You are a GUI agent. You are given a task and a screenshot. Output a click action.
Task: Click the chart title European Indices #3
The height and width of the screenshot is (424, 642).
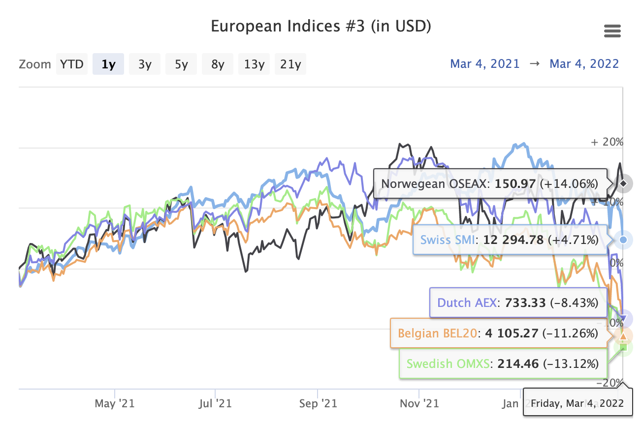[321, 26]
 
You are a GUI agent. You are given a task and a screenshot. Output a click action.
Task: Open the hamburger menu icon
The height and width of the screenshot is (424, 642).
[612, 32]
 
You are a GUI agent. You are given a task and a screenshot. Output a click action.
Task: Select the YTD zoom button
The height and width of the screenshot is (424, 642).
[72, 64]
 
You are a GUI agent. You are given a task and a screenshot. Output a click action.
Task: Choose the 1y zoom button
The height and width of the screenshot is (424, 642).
[108, 64]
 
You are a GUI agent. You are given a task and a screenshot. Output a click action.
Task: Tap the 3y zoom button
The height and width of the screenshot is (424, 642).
[145, 64]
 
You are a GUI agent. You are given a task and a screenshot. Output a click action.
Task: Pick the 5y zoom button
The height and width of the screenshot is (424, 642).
[181, 64]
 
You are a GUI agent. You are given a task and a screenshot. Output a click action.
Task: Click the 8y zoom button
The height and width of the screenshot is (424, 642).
[218, 64]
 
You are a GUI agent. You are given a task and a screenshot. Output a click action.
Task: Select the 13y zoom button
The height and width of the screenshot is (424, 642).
[254, 64]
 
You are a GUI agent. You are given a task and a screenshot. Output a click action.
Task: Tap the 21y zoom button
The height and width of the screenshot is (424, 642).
[290, 64]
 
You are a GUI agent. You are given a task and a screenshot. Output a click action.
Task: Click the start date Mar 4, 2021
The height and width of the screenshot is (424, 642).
[485, 64]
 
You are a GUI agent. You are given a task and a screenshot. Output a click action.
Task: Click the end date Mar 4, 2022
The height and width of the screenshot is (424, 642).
[584, 64]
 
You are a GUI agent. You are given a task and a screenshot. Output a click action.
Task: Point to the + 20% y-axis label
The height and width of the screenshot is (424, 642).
[607, 142]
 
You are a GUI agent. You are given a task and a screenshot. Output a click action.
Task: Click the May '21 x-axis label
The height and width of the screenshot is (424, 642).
[114, 404]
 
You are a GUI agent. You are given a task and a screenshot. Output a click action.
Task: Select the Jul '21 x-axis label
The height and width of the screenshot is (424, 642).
[216, 404]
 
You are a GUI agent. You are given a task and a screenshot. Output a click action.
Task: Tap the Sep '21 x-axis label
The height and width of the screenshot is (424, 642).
[318, 404]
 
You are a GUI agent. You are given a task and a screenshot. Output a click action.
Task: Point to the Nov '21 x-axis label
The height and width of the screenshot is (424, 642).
[419, 404]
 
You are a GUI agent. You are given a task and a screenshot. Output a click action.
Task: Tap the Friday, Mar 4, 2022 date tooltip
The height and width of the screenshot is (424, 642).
[577, 403]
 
